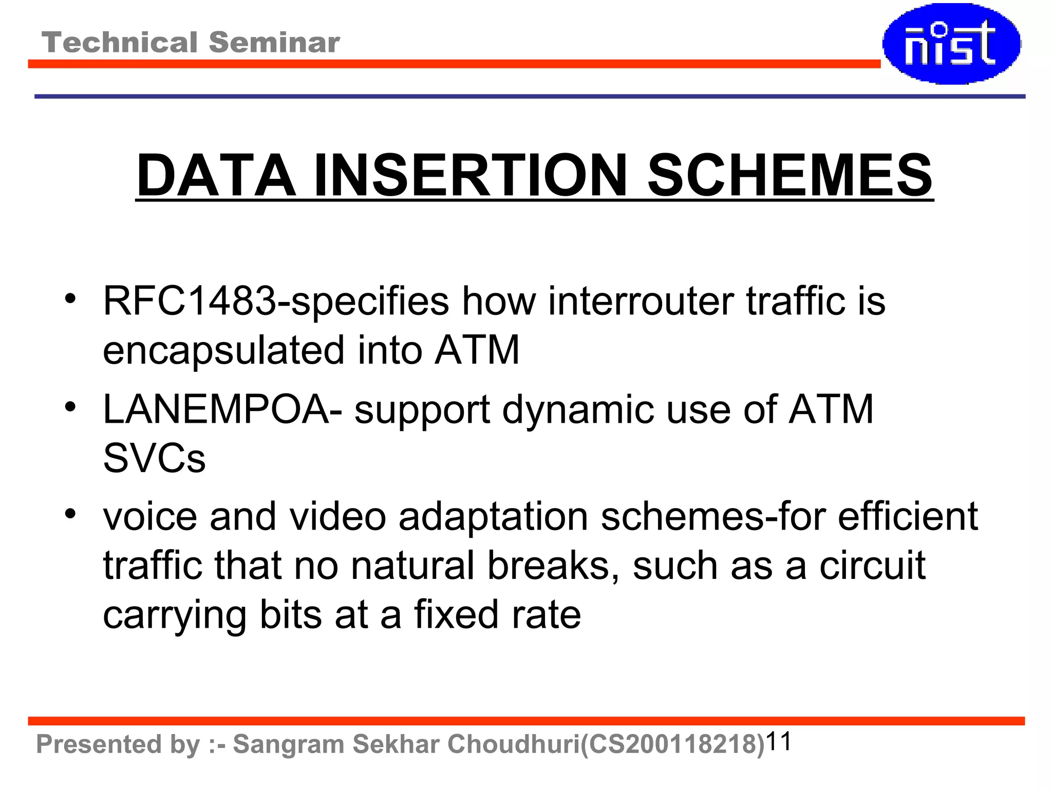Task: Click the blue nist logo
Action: [x=951, y=44]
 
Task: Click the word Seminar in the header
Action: [x=274, y=42]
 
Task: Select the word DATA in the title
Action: [x=216, y=176]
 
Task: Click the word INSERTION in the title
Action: [x=471, y=176]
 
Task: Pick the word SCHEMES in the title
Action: [x=790, y=176]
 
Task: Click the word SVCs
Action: [x=154, y=458]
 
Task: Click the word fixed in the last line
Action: [x=456, y=615]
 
